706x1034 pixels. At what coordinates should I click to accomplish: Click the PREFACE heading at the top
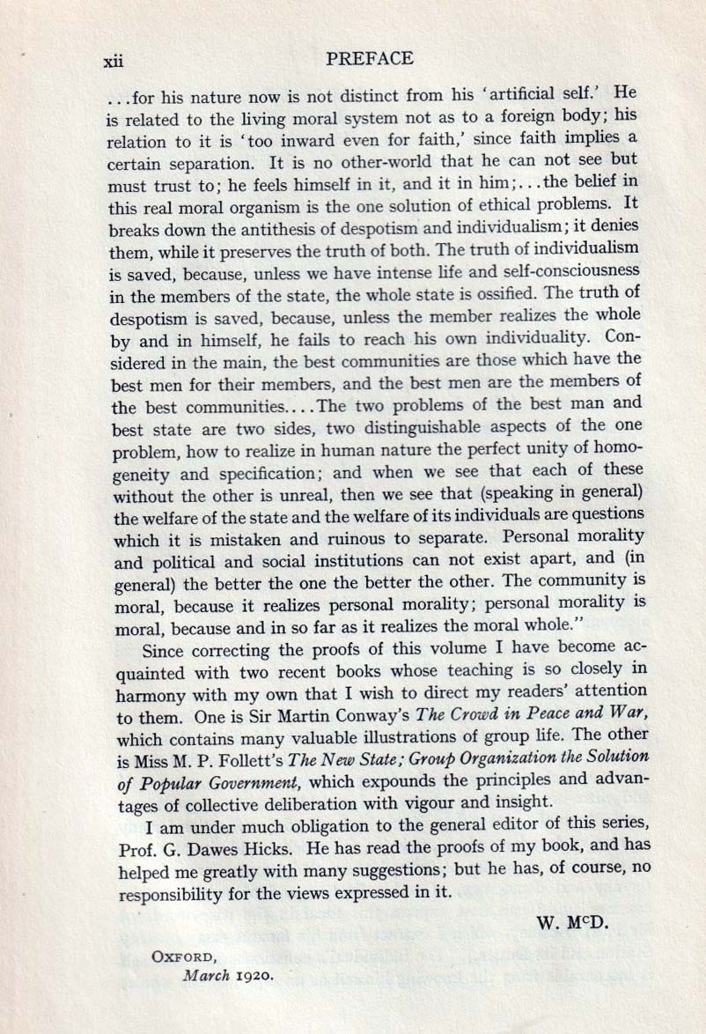click(x=369, y=59)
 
